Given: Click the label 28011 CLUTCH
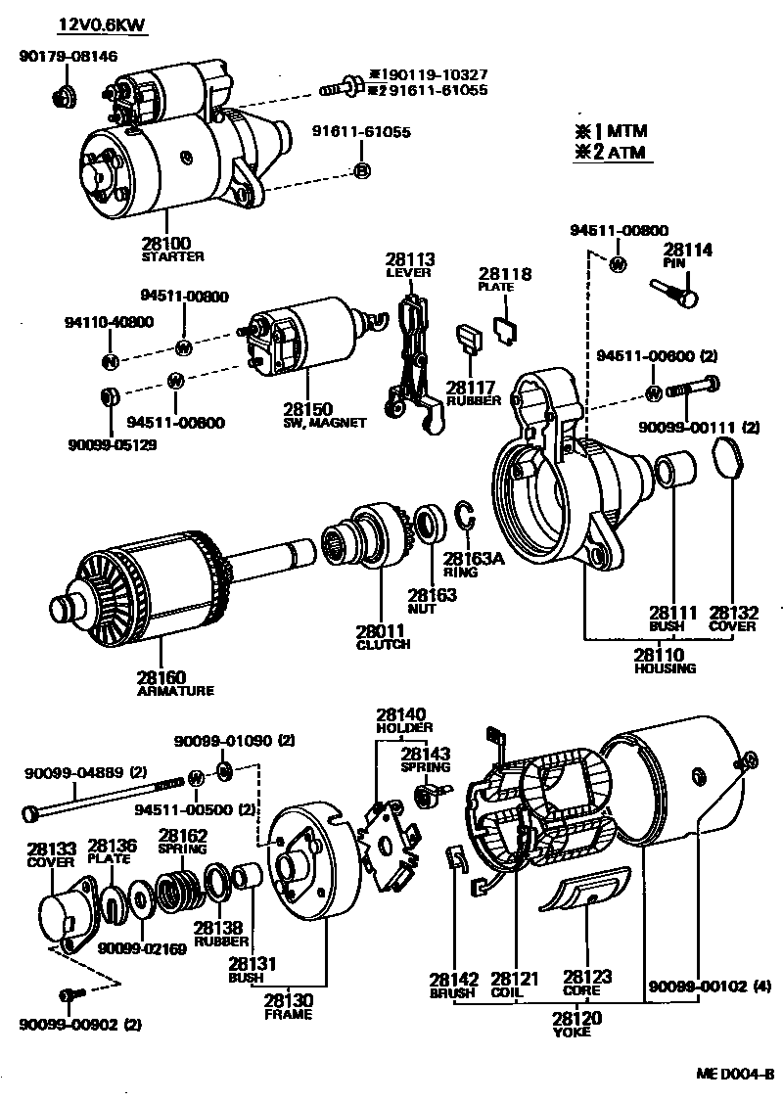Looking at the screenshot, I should pyautogui.click(x=382, y=637).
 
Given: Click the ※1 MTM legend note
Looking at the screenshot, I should pyautogui.click(x=612, y=131).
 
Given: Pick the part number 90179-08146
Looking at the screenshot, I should pyautogui.click(x=68, y=57).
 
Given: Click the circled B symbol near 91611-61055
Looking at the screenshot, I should pyautogui.click(x=361, y=172).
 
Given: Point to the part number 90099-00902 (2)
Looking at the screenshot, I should pyautogui.click(x=79, y=1025).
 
